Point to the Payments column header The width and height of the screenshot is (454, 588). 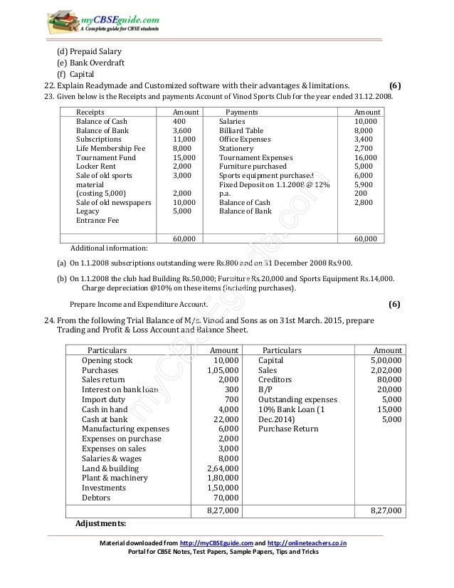(241, 112)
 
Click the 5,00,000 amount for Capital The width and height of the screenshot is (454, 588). (385, 361)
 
